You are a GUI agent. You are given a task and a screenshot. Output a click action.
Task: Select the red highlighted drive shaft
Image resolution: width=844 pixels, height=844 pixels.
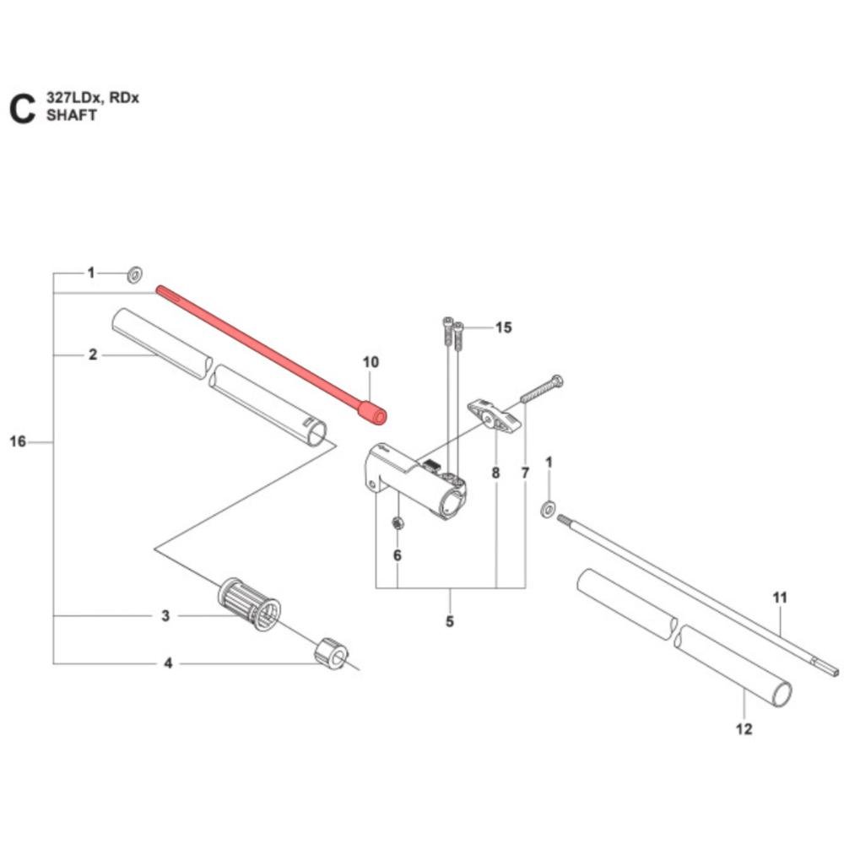(262, 350)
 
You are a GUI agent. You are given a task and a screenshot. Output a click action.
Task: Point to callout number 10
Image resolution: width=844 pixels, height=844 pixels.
(371, 362)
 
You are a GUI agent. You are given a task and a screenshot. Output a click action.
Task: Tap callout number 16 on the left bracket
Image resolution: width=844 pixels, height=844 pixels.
(18, 441)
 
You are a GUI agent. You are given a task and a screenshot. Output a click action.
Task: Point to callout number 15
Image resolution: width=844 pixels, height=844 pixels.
(503, 327)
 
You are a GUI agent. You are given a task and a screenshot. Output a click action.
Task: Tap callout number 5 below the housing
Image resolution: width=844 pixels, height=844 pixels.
(449, 622)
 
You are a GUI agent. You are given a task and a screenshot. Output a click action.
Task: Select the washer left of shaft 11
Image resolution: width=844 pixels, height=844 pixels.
(548, 507)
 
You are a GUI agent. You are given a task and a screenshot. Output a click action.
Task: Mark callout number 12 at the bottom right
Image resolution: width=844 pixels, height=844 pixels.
(744, 728)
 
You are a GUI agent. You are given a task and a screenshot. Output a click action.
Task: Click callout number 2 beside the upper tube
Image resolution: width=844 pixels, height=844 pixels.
(93, 355)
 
